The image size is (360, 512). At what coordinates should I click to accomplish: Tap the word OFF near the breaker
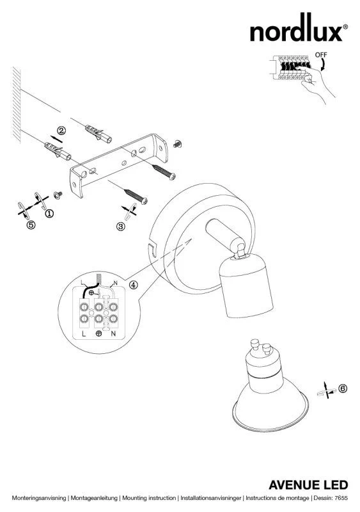(321, 55)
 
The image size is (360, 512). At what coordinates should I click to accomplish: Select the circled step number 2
(61, 131)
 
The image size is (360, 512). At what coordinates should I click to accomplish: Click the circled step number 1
(49, 214)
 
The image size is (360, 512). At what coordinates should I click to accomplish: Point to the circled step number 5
(31, 225)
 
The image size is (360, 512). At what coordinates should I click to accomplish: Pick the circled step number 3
(121, 227)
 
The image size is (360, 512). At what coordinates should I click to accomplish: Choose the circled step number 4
(134, 285)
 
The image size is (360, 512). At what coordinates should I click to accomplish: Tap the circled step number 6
(343, 388)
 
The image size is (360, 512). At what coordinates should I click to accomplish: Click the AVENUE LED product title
(308, 485)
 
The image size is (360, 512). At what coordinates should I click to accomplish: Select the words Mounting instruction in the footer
(149, 498)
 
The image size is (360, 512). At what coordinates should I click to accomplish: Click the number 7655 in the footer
(341, 498)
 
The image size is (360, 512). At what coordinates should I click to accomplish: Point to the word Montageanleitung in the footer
(94, 498)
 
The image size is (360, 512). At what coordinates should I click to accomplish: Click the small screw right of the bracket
(178, 143)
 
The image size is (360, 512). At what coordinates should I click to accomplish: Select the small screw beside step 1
(58, 195)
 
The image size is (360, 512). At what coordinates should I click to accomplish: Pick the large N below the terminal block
(113, 333)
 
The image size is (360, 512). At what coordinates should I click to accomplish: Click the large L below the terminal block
(84, 333)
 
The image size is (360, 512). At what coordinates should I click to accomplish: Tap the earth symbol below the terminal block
(98, 333)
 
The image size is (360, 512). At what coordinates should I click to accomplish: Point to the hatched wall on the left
(17, 105)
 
